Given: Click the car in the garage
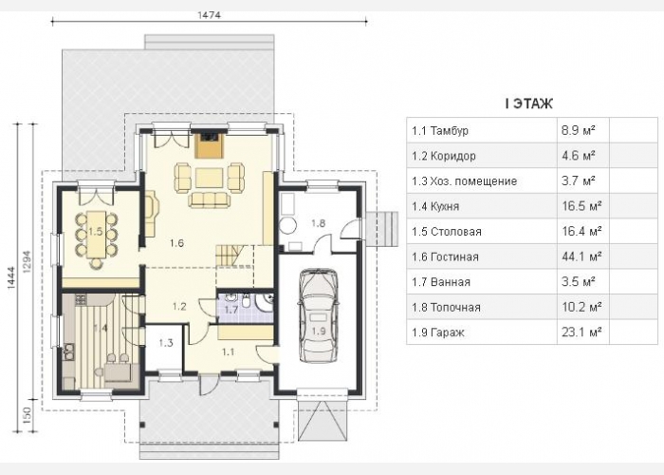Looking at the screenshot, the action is (318, 315).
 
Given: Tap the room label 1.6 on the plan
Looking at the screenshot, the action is (176, 243).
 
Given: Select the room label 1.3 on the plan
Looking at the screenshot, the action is (166, 343).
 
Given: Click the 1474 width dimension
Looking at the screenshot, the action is (210, 15).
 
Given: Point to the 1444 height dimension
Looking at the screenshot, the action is (11, 278).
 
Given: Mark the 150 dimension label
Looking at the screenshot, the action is (27, 416).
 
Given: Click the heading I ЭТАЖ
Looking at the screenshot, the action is (529, 104).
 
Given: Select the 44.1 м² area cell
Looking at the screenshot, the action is (581, 256).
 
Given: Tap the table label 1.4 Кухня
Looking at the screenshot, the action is (435, 206).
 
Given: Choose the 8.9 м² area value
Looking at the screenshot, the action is (579, 130).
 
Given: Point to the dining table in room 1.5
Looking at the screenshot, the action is (97, 235).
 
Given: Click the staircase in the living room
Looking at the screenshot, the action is (231, 256).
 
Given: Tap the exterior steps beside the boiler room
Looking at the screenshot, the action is (381, 228).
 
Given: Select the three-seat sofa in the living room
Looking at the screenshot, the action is (208, 200).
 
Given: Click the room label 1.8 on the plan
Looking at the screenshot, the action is (318, 222).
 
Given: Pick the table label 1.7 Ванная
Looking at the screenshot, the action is (441, 282).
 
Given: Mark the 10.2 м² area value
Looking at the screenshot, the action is (581, 307).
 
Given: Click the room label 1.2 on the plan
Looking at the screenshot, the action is (179, 306).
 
